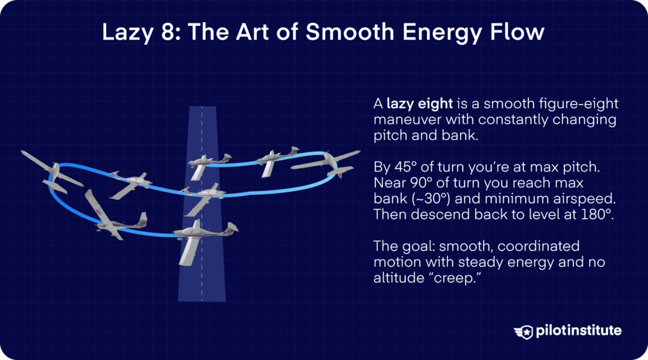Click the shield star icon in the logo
pyautogui.click(x=525, y=331)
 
